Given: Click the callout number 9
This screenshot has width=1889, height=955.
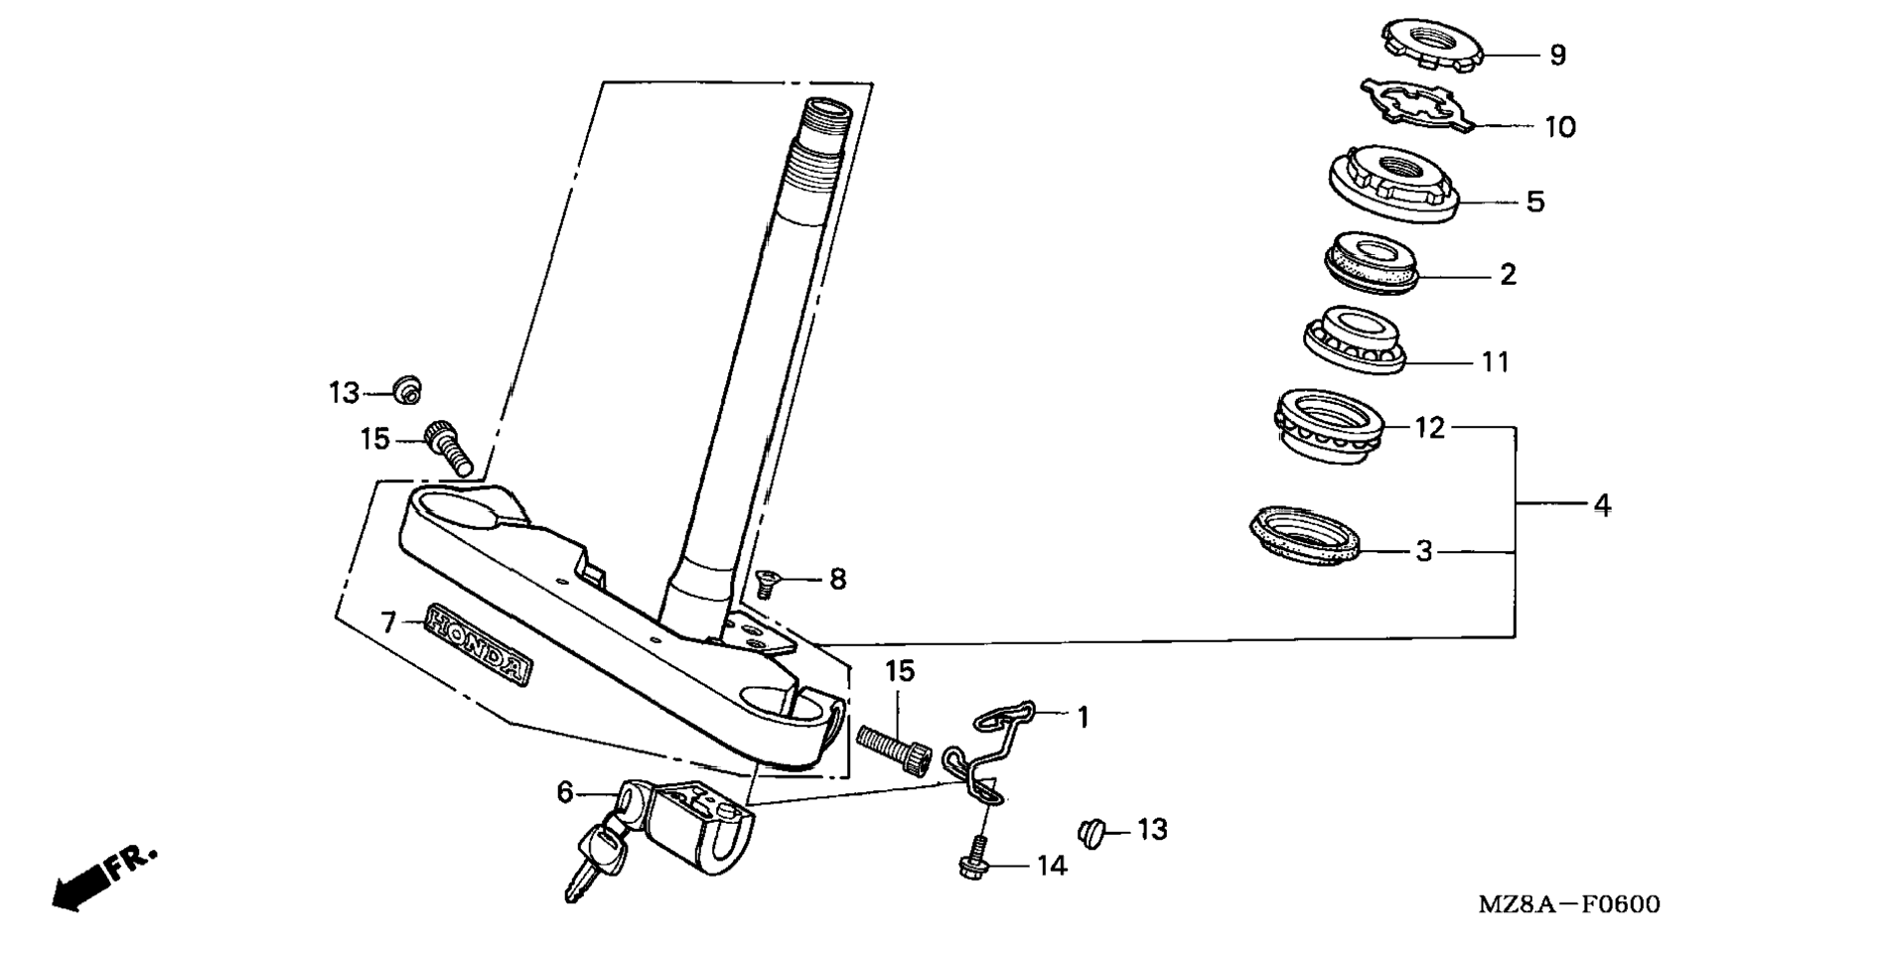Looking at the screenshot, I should tap(1557, 56).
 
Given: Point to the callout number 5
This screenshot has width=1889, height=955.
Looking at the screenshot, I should tap(1534, 203).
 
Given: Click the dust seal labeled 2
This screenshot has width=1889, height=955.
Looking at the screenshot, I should tap(1373, 262).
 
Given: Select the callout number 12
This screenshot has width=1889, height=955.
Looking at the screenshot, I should tap(1430, 428).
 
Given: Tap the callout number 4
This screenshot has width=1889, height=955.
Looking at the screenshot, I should tap(1602, 505).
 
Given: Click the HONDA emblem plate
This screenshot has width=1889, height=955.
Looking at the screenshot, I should tap(478, 644).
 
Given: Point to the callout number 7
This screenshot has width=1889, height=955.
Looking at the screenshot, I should tap(388, 623).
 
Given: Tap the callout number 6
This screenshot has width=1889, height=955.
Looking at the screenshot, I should tap(564, 792).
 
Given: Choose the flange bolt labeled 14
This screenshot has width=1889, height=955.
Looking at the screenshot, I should tap(975, 861).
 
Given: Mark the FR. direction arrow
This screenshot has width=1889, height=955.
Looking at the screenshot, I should tap(99, 879).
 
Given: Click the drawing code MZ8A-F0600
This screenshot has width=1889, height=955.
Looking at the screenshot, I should tap(1568, 904).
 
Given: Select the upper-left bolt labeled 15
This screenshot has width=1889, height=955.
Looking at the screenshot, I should tap(449, 449).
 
